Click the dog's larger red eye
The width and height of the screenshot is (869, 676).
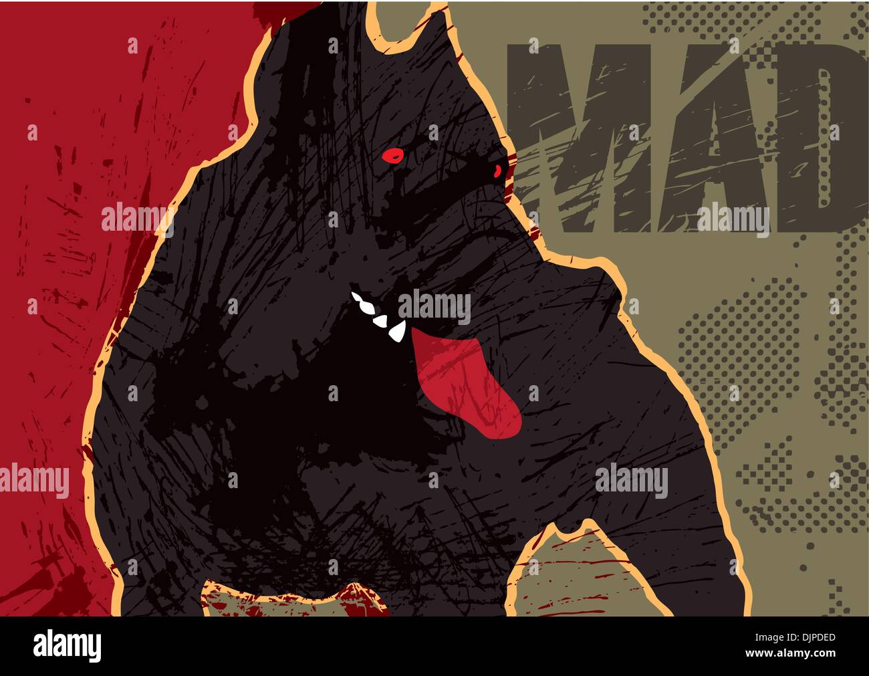pos(394,155)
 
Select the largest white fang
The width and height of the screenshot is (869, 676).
pos(397,331)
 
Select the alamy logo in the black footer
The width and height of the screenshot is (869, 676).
pos(67,646)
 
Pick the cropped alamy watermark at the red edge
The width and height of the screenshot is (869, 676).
pos(33,481)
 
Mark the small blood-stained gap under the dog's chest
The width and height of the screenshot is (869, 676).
pos(294,598)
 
